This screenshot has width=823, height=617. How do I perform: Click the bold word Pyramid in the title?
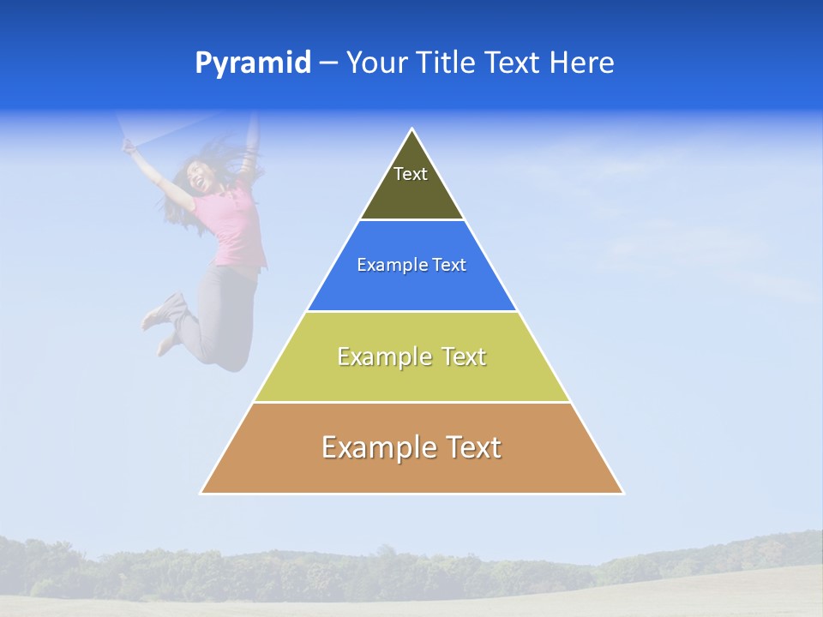pyautogui.click(x=253, y=63)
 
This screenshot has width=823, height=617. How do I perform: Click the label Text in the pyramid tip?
pyautogui.click(x=411, y=174)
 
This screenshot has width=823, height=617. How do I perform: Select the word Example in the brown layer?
pyautogui.click(x=378, y=447)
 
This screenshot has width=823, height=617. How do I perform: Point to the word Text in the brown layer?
pyautogui.click(x=472, y=447)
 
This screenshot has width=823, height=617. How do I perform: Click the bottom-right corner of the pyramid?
pyautogui.click(x=623, y=494)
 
